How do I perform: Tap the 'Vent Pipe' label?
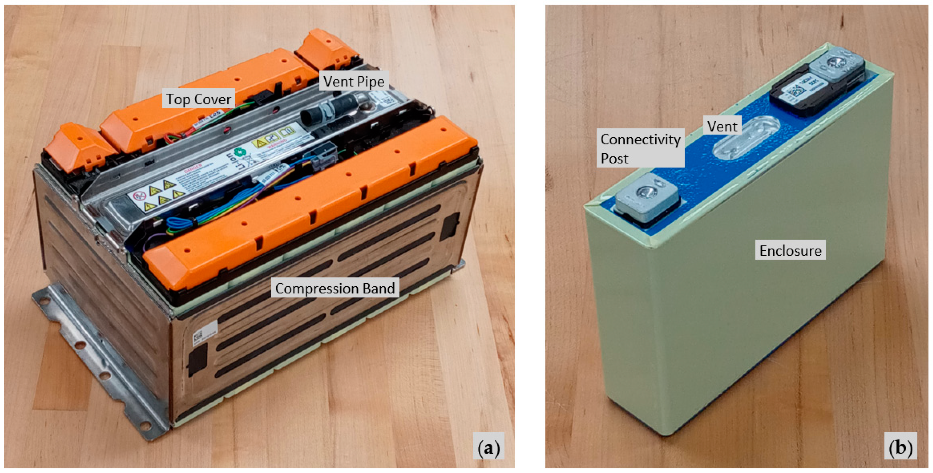[x=354, y=82]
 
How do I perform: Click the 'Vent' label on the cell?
[x=722, y=126]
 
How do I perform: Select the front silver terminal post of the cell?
[x=646, y=198]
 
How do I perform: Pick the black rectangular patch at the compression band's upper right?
[x=449, y=227]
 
